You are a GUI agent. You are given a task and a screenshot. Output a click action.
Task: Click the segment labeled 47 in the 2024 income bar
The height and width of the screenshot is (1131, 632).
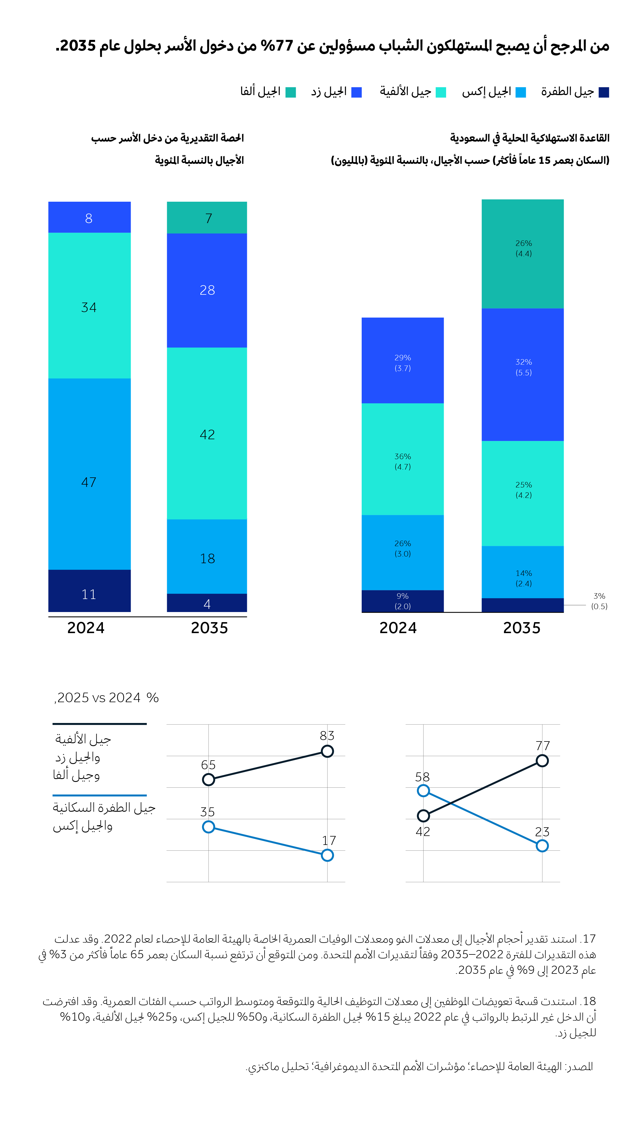tap(89, 474)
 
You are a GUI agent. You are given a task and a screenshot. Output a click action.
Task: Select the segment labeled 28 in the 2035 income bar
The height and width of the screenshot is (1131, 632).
tap(207, 290)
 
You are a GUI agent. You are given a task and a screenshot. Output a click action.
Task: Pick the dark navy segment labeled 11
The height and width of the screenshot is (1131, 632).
tap(89, 591)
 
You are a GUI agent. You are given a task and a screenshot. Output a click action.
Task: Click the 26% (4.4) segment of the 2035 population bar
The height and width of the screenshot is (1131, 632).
tap(523, 254)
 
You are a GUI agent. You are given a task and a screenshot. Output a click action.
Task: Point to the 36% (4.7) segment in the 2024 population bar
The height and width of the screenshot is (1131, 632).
tap(402, 459)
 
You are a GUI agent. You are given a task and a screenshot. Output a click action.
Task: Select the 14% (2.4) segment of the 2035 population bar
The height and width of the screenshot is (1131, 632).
tap(523, 572)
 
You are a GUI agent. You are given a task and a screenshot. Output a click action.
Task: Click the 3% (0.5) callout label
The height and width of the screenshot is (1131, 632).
tap(599, 601)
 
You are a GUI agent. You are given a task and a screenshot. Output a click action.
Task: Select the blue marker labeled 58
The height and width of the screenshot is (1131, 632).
tap(423, 791)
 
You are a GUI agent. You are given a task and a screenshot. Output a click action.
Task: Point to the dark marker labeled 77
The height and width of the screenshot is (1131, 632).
tap(542, 761)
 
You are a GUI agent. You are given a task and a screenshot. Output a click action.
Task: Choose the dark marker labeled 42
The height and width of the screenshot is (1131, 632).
tap(423, 816)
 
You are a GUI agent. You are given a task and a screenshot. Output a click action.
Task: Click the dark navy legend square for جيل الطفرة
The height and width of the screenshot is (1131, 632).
tap(604, 92)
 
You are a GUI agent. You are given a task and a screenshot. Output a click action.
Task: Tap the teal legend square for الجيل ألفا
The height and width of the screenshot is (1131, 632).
tap(290, 92)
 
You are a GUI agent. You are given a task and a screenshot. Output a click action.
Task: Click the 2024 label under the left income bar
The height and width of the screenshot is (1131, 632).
tap(86, 628)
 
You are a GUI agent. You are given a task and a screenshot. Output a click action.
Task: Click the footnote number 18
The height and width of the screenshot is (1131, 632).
tap(589, 1002)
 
